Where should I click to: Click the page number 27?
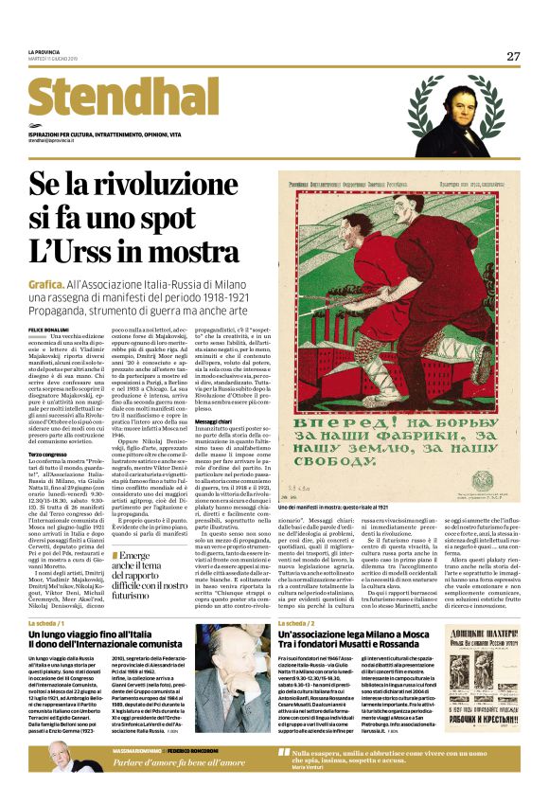click(x=512, y=56)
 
